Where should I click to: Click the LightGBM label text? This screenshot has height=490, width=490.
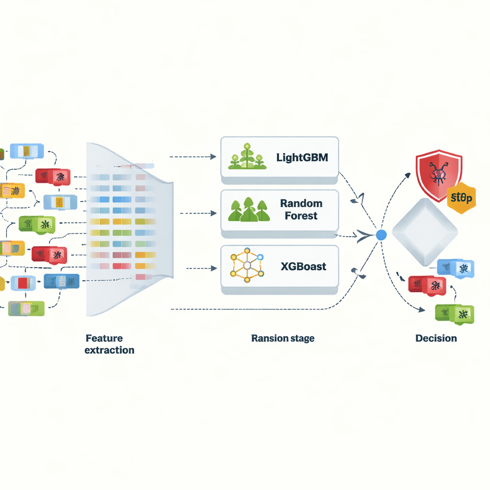tap(302, 158)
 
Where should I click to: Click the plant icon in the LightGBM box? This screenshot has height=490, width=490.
tap(247, 157)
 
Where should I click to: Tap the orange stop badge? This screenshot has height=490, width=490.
tap(462, 197)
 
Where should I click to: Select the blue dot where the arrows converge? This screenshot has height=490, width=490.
tap(381, 235)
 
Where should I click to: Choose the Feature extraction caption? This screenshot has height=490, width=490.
tap(109, 344)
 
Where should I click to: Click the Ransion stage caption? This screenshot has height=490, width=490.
tap(283, 338)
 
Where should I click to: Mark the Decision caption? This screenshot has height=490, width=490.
tap(436, 338)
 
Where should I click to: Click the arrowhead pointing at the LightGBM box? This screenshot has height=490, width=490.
tap(213, 157)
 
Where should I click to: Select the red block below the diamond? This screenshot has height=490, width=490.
tap(427, 285)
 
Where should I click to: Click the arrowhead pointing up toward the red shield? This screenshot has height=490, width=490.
tap(407, 175)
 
